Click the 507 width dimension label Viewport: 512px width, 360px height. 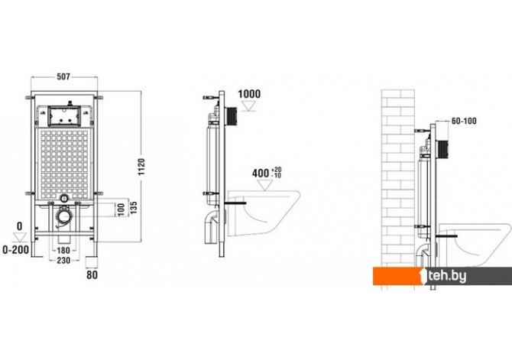[63, 76]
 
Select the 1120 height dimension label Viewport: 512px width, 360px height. [141, 167]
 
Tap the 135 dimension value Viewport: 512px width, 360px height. [133, 207]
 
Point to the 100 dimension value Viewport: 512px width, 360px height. [122, 209]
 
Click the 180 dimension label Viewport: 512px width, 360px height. [63, 250]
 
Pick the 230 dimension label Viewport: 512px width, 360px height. [63, 260]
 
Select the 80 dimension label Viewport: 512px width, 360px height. [92, 274]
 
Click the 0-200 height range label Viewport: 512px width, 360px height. [16, 250]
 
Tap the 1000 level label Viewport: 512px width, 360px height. [249, 94]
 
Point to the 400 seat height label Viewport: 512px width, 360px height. [261, 174]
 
